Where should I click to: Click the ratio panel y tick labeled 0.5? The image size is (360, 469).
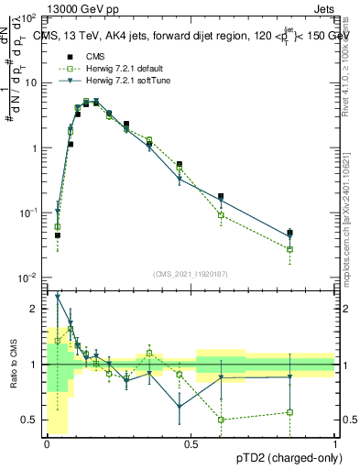30,420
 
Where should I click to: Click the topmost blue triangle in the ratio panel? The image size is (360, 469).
58,296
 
